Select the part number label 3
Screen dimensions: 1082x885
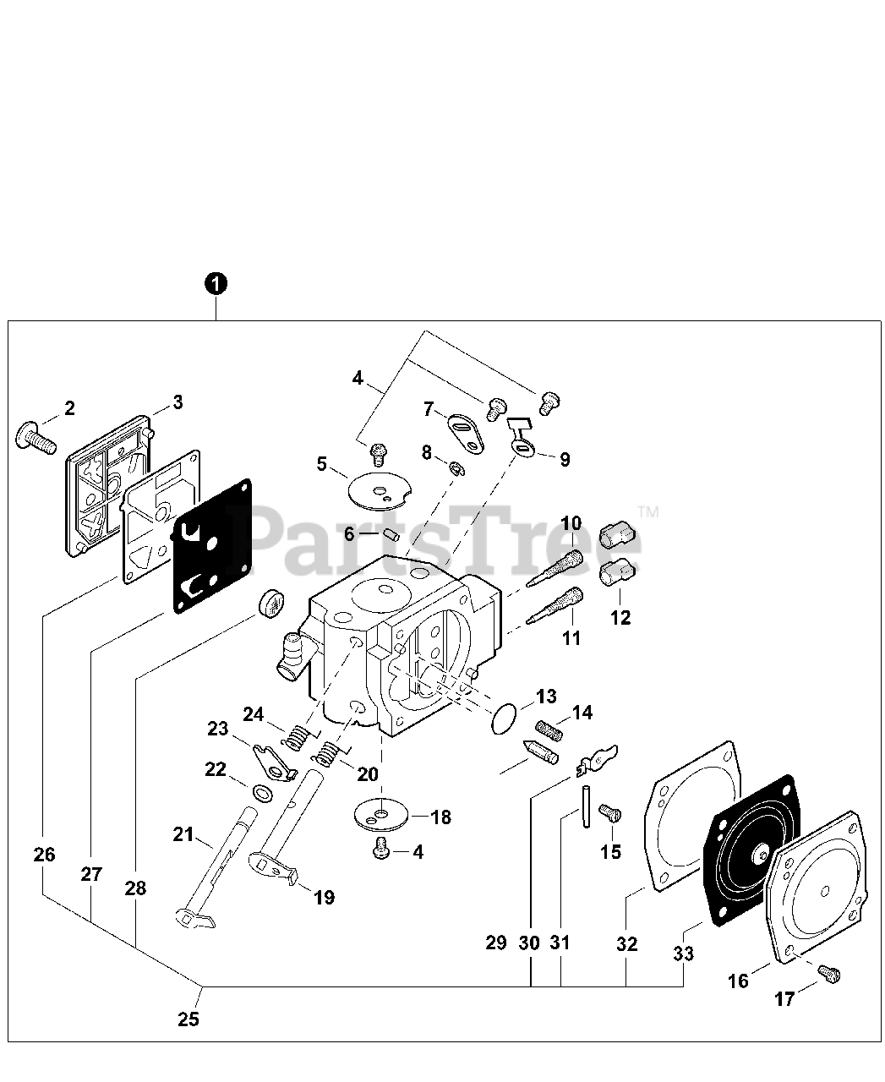pos(178,402)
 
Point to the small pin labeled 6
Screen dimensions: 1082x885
pos(391,534)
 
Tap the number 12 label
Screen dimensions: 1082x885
pos(620,617)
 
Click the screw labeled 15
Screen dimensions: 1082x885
pos(609,813)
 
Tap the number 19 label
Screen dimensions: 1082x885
pos(325,897)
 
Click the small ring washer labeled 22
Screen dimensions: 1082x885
pos(262,794)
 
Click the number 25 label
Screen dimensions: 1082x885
pos(188,1019)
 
